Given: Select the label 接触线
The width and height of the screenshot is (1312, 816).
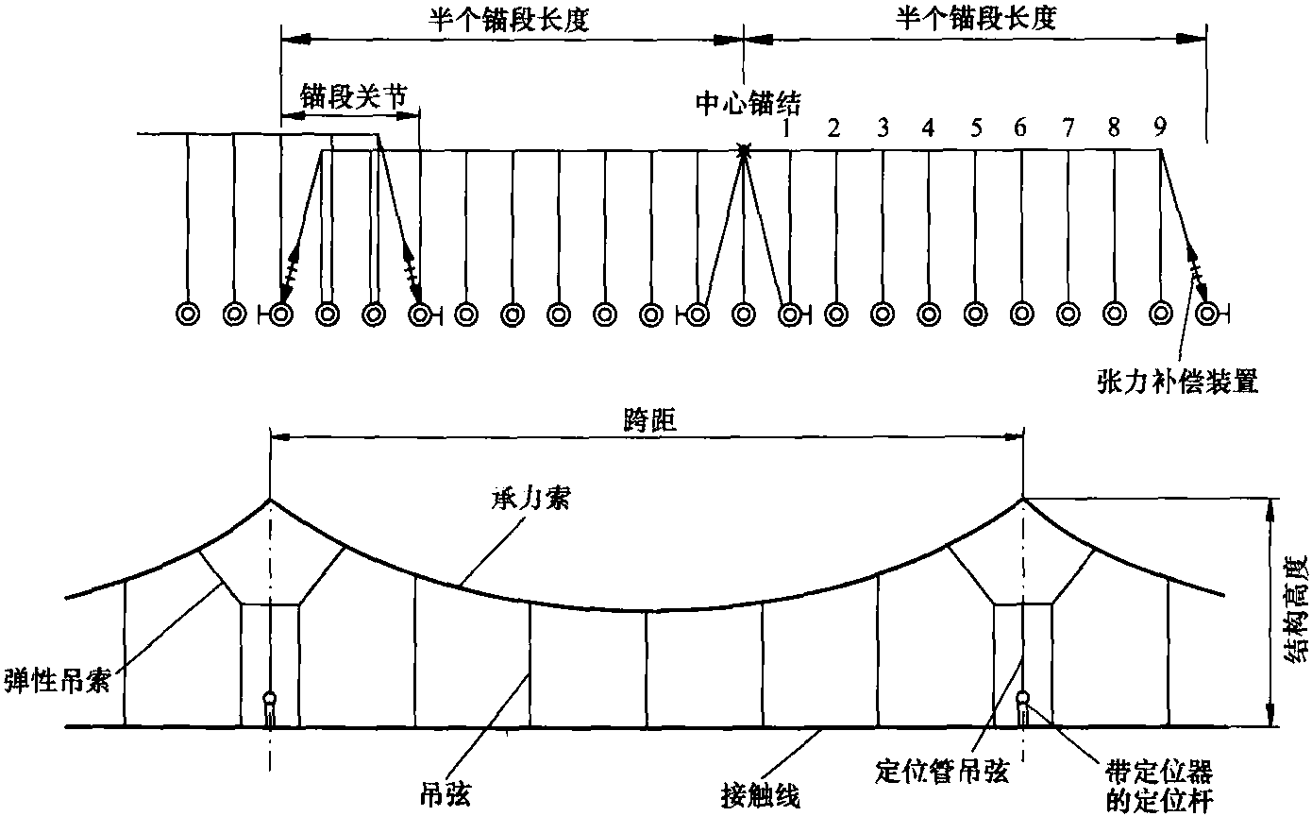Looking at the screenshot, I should [761, 797].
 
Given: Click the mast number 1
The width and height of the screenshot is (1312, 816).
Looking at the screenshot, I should [786, 127].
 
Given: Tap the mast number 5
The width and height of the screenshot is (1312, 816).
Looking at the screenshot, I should [975, 127].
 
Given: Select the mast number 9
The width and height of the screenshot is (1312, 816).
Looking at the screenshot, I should [1160, 127].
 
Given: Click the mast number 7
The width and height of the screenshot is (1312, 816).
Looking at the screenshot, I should [1068, 127].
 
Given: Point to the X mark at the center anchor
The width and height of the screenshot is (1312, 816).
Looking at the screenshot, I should [744, 150].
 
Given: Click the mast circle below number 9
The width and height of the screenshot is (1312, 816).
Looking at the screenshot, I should [1161, 313].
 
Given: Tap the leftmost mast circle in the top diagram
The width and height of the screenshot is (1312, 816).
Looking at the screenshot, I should [187, 313].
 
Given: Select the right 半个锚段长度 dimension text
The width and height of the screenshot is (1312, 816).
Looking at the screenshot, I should [973, 21].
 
